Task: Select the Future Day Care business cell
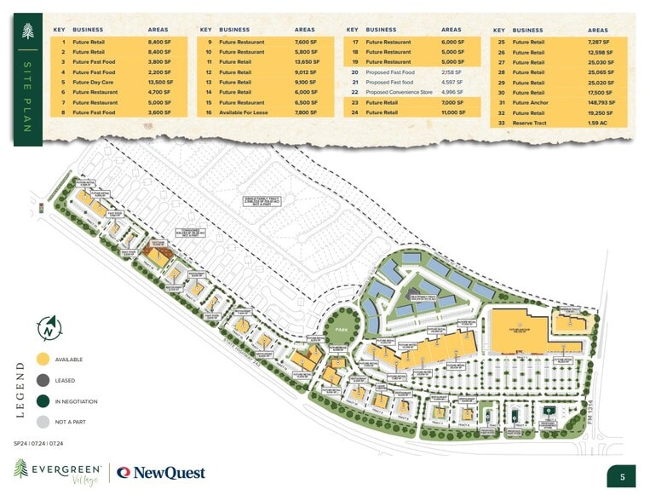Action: [x=94, y=83]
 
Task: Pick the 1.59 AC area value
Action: [x=596, y=123]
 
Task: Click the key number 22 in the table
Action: [x=354, y=92]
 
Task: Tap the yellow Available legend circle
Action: [x=43, y=360]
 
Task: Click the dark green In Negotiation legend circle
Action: [x=43, y=400]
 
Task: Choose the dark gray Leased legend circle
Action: [x=43, y=380]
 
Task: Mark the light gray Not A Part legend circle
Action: [x=43, y=422]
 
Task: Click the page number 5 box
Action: [x=622, y=476]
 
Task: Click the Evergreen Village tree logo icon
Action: [x=21, y=468]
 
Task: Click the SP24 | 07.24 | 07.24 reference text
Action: [x=39, y=444]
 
